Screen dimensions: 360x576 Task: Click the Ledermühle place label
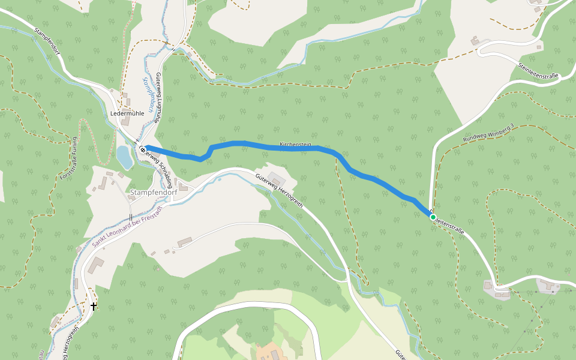click(x=127, y=113)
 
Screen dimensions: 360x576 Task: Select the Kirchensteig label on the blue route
click(x=295, y=145)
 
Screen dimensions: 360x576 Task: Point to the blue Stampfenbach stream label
click(x=146, y=94)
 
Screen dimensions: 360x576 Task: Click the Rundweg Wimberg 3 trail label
click(x=489, y=133)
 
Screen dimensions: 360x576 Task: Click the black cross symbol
click(x=93, y=307)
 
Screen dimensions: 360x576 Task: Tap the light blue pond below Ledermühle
click(x=124, y=157)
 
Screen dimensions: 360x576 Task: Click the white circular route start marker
click(x=143, y=149)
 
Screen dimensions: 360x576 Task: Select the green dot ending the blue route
click(x=433, y=217)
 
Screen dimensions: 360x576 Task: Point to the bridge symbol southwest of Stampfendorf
click(x=130, y=217)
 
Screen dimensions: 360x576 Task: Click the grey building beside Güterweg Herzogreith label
click(x=277, y=179)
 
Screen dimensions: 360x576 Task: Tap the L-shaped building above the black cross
click(x=97, y=263)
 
